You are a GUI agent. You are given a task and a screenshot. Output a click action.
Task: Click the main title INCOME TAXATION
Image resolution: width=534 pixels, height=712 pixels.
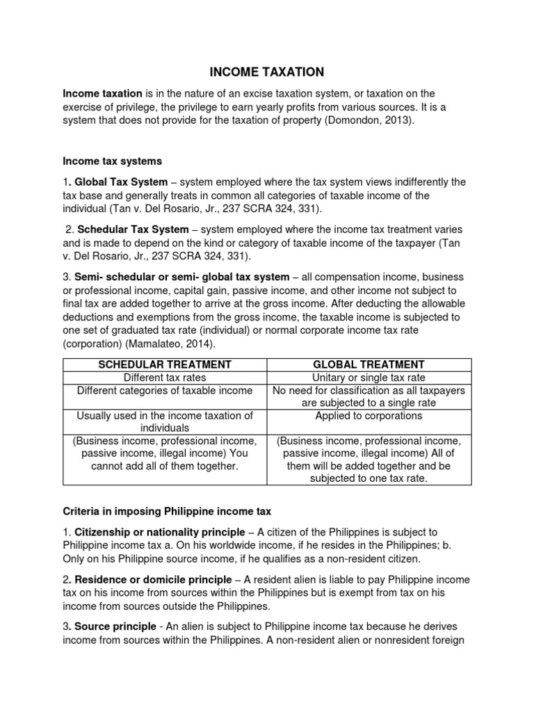tap(267, 72)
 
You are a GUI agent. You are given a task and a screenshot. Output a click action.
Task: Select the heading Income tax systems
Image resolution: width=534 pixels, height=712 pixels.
tap(112, 161)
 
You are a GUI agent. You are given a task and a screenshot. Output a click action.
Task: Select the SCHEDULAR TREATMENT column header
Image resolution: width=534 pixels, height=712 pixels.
tap(165, 364)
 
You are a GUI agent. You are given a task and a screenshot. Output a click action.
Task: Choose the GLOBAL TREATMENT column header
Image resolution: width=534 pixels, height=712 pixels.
tap(369, 364)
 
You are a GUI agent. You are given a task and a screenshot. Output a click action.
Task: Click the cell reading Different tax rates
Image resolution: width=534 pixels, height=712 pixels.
tap(165, 378)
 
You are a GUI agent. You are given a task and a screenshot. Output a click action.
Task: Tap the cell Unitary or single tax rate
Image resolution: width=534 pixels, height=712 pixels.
tap(369, 378)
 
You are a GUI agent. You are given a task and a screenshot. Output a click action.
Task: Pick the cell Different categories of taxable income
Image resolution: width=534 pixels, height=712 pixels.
tap(165, 391)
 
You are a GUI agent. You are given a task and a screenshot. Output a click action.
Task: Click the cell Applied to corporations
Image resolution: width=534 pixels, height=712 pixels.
tap(369, 416)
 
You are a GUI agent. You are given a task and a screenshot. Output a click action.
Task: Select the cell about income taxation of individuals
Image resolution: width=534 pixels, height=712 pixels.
tap(165, 422)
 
